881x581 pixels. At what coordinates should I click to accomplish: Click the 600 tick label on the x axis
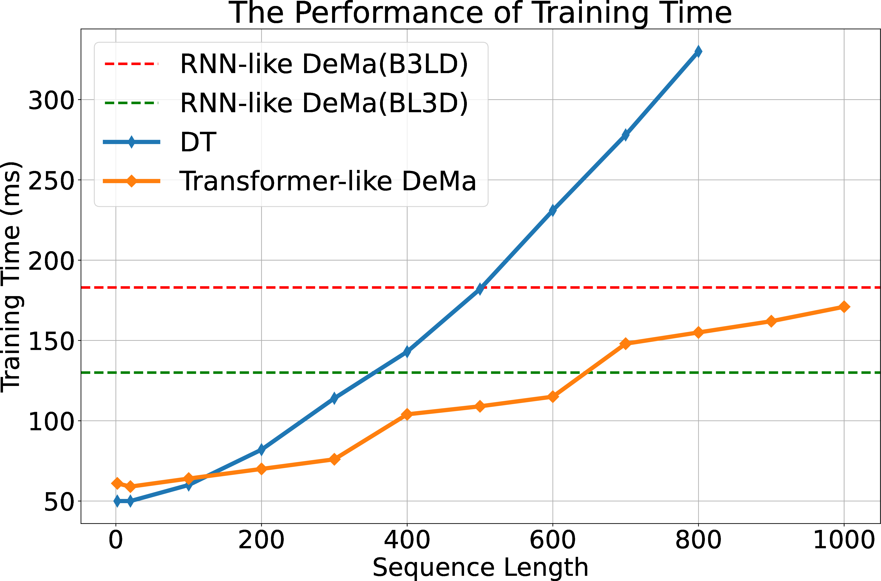coord(552,540)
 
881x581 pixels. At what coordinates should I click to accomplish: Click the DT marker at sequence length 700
coord(625,135)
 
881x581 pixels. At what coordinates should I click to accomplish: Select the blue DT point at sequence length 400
coord(407,351)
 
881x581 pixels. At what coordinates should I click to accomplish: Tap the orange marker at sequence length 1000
coord(844,307)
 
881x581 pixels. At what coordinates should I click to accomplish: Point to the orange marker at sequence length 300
coord(334,459)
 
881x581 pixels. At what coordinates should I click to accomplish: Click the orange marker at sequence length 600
coord(552,397)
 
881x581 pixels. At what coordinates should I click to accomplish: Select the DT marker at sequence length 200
coord(261,449)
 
